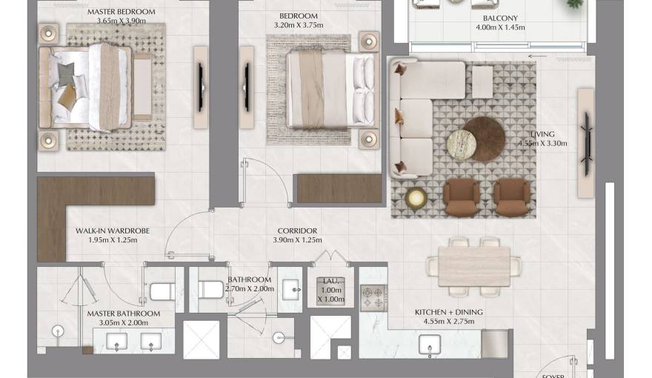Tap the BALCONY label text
(x=500, y=18)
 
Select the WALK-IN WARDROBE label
(x=113, y=231)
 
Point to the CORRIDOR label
(x=297, y=231)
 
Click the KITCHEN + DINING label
(x=448, y=312)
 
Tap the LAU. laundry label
(x=330, y=281)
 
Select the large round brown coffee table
(x=485, y=139)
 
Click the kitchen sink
(x=430, y=345)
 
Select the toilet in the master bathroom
(x=162, y=291)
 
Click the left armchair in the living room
(x=461, y=195)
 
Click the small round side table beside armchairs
(x=416, y=198)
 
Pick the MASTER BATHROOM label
(x=123, y=314)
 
